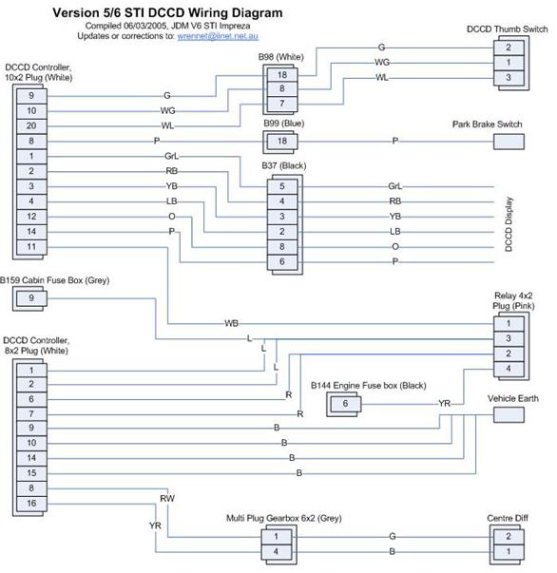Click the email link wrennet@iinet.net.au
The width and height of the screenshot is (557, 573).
pos(218,36)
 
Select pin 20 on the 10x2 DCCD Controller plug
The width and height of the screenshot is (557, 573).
pos(31,126)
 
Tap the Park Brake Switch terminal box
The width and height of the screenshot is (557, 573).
pos(509,142)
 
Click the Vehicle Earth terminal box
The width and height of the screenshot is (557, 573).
pos(509,414)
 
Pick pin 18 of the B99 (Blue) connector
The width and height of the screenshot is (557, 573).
pos(282,141)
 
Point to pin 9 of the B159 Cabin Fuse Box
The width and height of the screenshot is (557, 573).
pos(31,298)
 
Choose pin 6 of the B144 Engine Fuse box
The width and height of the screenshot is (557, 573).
pos(345,404)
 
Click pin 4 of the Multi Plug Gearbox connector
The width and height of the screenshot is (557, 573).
pos(277,551)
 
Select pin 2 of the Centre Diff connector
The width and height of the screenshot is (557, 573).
pos(509,537)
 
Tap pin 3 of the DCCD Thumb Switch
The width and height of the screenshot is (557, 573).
pos(509,78)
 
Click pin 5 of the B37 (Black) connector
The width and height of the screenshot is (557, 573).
pos(282,186)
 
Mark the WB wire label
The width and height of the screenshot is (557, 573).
pos(231,323)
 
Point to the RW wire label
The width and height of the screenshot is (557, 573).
pos(167,499)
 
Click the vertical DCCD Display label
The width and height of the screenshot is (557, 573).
pos(509,224)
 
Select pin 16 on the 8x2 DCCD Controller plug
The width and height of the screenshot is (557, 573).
pos(31,504)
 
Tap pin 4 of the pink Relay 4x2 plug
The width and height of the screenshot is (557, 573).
pos(509,369)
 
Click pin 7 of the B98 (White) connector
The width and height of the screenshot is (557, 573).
pos(282,104)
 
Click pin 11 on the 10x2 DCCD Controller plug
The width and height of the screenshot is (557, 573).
pos(31,247)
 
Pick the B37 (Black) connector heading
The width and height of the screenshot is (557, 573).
pos(284,166)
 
